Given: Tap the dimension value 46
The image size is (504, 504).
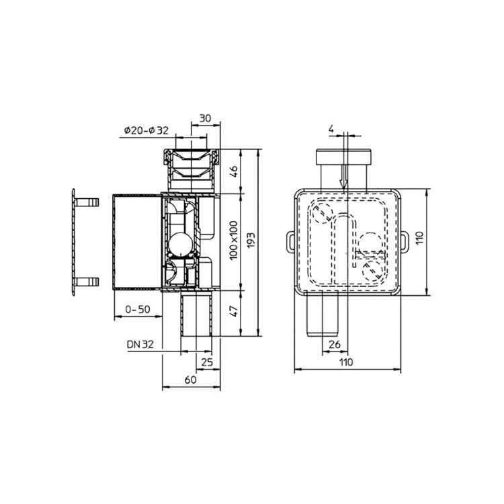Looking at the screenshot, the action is click(234, 171).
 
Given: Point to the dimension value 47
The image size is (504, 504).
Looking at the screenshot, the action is click(234, 311).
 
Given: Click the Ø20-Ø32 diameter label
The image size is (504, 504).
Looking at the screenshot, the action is click(146, 130).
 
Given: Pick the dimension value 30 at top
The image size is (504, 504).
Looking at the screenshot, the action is click(205, 118).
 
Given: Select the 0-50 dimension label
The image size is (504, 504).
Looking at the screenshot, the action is click(138, 309).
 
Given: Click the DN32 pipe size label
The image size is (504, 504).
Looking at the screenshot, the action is click(140, 344).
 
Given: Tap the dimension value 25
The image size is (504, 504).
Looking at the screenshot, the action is click(208, 362).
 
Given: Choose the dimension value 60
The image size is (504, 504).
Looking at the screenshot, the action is click(191, 380).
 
